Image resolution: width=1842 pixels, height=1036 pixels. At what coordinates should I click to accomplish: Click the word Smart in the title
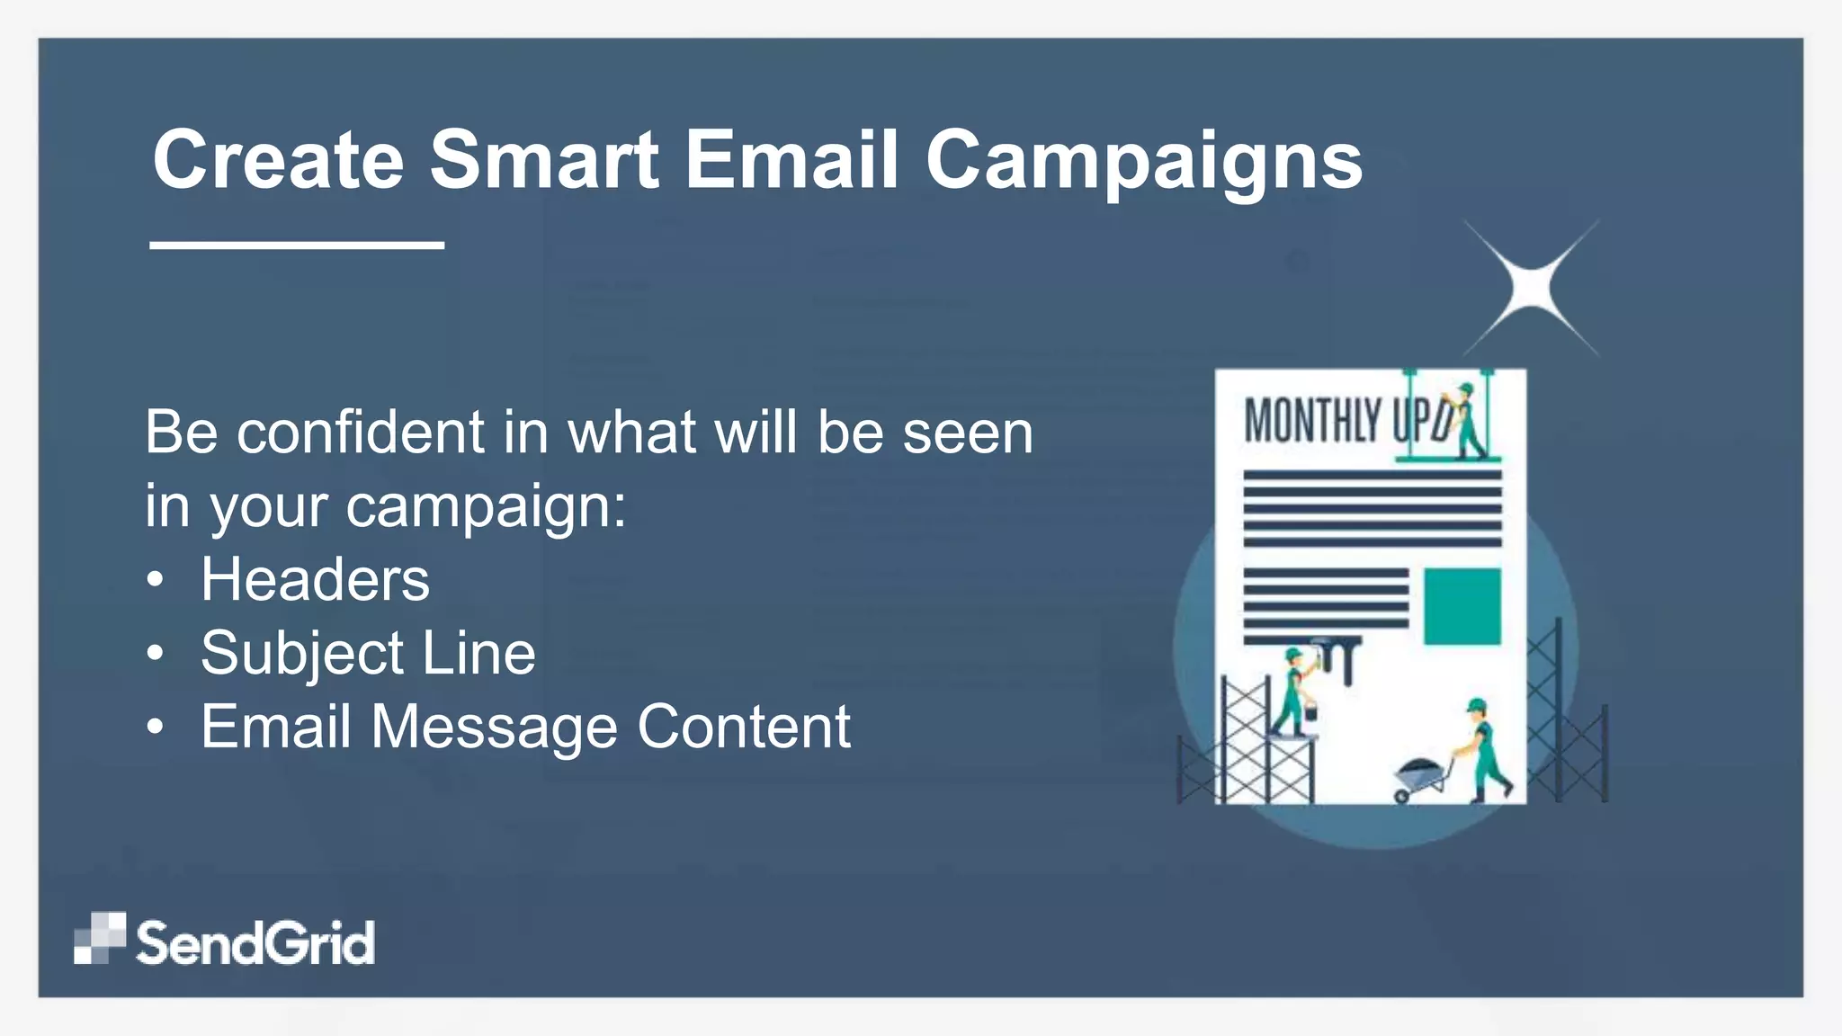coord(544,160)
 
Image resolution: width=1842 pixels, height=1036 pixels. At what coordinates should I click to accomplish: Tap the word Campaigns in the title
coord(1144,160)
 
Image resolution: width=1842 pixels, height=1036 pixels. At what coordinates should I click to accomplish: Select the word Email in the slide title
coord(791,160)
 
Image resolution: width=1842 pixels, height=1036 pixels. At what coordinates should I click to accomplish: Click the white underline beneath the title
coord(297,245)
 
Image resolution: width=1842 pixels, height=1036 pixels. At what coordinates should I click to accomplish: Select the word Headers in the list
coord(315,580)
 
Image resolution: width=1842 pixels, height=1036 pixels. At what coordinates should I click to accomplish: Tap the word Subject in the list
coord(302,654)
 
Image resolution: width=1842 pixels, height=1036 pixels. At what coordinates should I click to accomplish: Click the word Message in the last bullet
coord(494,727)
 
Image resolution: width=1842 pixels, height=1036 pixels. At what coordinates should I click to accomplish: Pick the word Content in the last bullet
coord(744,727)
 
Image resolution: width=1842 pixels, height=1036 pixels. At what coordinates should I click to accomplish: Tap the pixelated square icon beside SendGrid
coord(99,938)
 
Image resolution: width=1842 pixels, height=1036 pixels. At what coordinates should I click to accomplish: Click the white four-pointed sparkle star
coord(1532,288)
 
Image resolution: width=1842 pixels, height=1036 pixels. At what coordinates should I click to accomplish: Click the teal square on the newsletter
coord(1462,606)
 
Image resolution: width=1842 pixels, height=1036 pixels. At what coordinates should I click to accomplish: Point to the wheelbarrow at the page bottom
coord(1419,779)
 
